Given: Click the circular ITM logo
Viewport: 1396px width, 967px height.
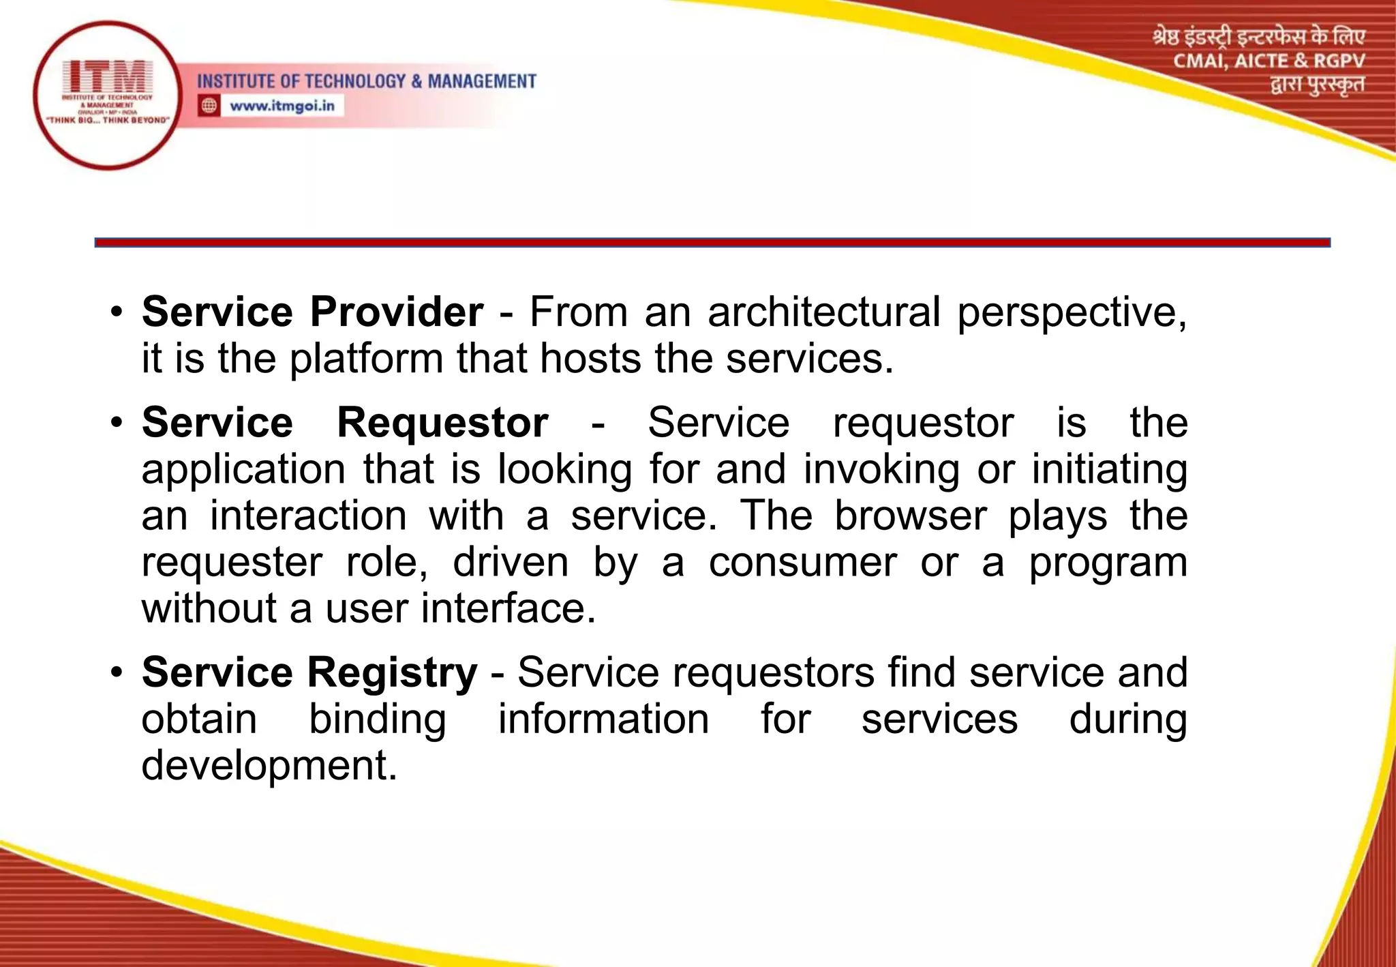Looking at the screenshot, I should click(107, 95).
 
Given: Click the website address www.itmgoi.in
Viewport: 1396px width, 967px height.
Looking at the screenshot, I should click(282, 106).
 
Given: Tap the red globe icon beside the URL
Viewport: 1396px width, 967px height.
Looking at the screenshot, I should click(209, 106).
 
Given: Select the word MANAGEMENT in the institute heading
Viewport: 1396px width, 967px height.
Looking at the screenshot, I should click(482, 81).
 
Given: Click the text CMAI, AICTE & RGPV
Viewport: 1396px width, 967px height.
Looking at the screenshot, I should click(1269, 61).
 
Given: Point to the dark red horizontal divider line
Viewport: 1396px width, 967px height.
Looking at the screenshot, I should click(712, 242).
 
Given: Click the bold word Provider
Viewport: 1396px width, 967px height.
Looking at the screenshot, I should click(397, 312).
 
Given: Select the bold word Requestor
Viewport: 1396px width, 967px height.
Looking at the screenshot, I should click(443, 423).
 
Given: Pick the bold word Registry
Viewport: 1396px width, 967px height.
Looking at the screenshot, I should click(393, 673).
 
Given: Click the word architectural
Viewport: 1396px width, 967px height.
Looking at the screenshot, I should click(824, 312).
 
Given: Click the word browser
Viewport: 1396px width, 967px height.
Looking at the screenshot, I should click(910, 516).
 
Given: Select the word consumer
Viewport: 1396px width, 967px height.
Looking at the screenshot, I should click(802, 562).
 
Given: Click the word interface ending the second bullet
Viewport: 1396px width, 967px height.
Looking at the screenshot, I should click(508, 608).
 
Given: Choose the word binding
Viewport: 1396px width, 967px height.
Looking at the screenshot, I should click(378, 719).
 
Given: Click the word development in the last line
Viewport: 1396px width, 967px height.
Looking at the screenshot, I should click(269, 765).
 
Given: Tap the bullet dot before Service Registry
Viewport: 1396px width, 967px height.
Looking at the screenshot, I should click(117, 672).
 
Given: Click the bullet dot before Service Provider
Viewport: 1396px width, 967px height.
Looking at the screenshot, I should click(117, 312).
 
